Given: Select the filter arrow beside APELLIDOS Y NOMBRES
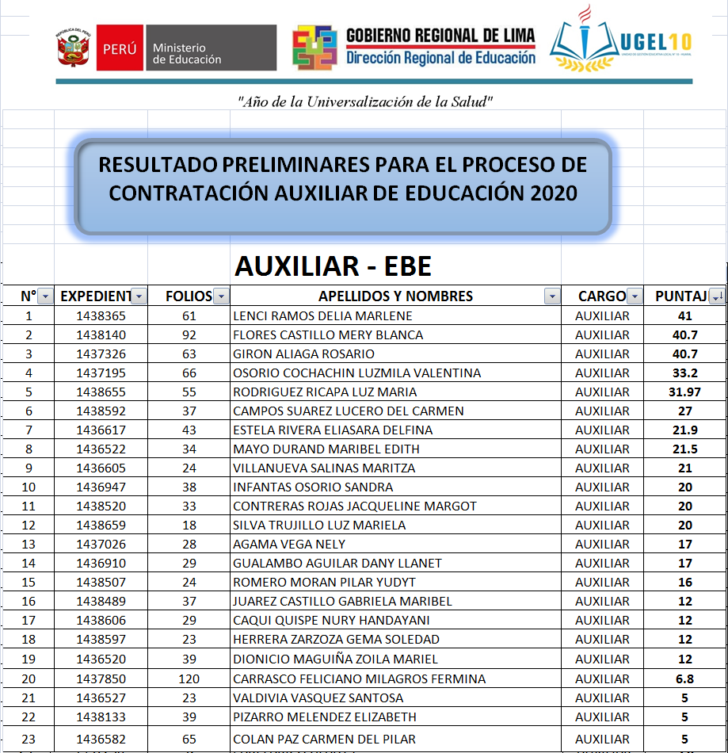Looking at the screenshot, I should click(x=551, y=296).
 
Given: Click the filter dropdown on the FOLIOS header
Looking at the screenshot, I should click(x=221, y=296).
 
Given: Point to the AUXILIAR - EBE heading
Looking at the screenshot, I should click(x=333, y=266).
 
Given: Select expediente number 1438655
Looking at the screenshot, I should click(x=101, y=392).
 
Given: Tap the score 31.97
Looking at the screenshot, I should click(x=684, y=392).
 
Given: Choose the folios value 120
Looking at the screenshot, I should click(x=189, y=678).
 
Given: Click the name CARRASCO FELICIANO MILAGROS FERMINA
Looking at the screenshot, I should click(x=359, y=678).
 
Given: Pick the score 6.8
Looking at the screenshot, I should click(x=684, y=678).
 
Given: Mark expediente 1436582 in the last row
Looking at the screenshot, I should click(x=101, y=739).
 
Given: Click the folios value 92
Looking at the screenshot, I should click(x=189, y=334).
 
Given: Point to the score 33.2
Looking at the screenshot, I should click(x=684, y=373).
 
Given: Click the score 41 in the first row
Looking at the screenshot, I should click(x=684, y=315).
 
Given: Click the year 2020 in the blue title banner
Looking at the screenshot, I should click(x=543, y=193).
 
